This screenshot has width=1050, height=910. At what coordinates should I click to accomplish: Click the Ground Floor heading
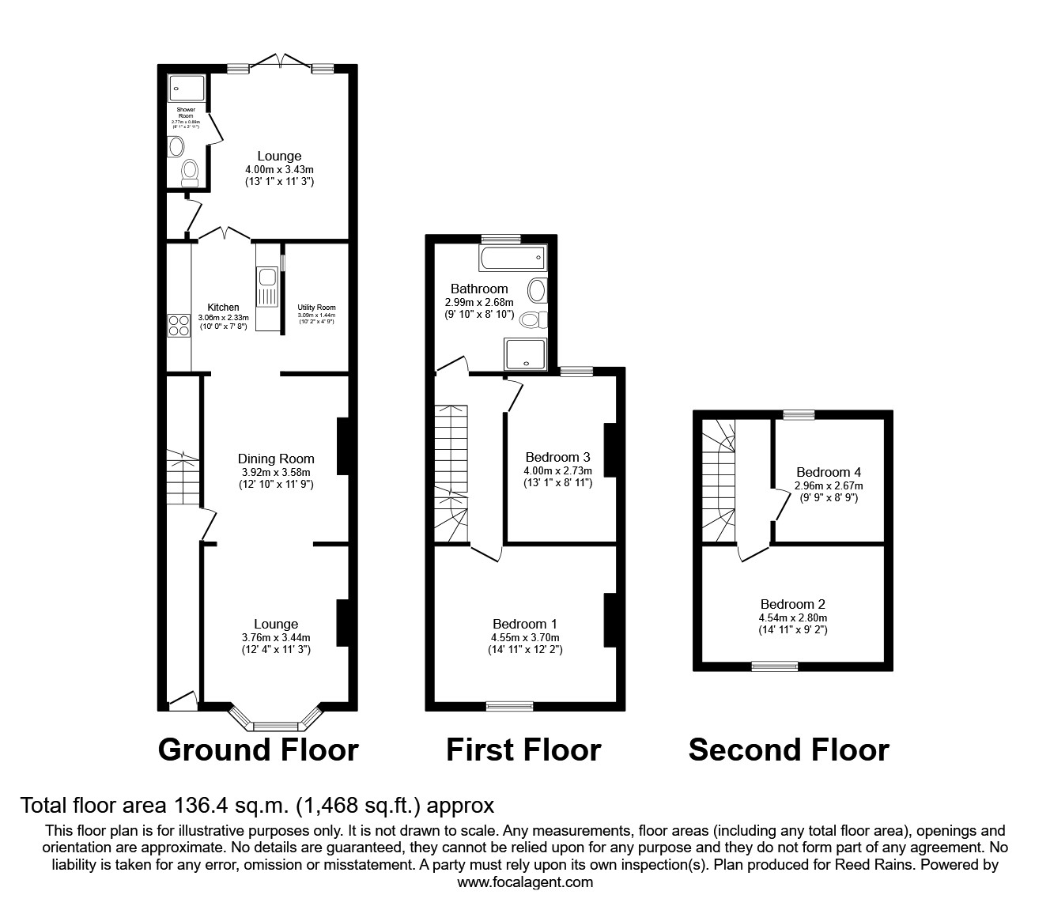(x=258, y=749)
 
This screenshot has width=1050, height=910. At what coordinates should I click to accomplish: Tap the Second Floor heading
(x=788, y=749)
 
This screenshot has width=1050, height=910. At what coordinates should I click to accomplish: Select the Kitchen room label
(x=223, y=308)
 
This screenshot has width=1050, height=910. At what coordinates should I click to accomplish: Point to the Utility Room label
(x=316, y=308)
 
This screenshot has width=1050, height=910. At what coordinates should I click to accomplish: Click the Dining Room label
(x=276, y=459)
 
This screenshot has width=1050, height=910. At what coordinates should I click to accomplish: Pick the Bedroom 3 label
(x=557, y=457)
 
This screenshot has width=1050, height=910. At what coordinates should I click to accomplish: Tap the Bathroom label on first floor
(x=479, y=289)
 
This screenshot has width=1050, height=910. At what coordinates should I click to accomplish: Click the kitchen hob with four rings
(x=179, y=326)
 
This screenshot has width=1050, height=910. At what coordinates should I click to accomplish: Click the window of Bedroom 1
(x=509, y=706)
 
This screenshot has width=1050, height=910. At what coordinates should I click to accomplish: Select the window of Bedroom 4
(x=799, y=413)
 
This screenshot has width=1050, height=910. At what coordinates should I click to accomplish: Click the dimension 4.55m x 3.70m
(x=524, y=637)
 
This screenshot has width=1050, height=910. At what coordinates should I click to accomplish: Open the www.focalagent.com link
(x=525, y=882)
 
